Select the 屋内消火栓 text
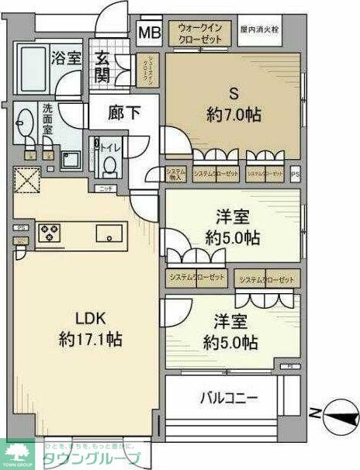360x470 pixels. tap(259, 29)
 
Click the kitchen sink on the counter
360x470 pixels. tap(106, 232)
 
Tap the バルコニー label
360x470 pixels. tap(229, 399)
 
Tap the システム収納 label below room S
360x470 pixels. tap(175, 175)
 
